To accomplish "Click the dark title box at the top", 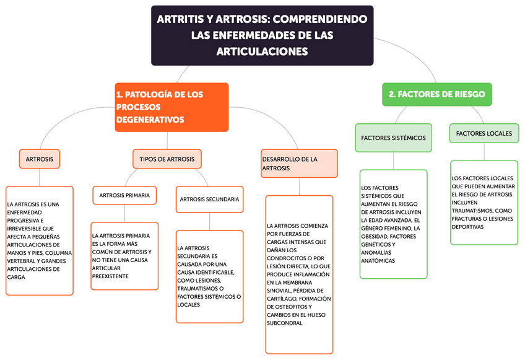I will [x=262, y=35].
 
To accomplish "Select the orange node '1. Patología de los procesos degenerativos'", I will [x=171, y=107].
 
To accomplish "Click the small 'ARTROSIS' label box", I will [x=40, y=159].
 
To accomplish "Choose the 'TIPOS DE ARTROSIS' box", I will [x=167, y=159].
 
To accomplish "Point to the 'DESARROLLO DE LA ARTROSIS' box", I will [x=300, y=164].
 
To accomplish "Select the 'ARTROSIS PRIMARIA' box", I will [x=124, y=195].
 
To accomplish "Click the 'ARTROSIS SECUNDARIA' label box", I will [x=209, y=199].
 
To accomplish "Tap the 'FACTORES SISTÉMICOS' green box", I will [x=393, y=138].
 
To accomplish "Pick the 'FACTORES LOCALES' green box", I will [x=484, y=133].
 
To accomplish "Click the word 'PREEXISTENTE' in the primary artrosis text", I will [x=110, y=276].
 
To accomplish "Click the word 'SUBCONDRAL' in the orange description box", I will [x=285, y=323].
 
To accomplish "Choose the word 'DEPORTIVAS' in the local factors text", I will [x=467, y=227].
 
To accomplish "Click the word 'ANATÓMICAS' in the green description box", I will [x=378, y=261].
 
